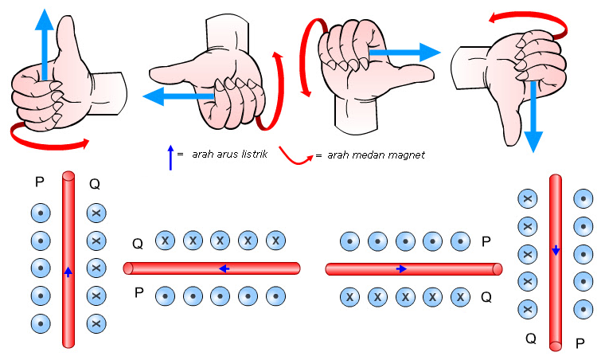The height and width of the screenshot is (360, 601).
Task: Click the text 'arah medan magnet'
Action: coord(376,154)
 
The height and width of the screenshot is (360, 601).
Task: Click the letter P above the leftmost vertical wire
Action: coord(39,182)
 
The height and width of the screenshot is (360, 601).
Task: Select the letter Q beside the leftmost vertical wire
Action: coord(95,184)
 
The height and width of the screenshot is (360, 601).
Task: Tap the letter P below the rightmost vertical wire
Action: coord(580,343)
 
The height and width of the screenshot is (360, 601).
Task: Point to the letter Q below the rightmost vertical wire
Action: coord(530,338)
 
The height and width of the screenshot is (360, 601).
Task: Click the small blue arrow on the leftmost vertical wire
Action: coord(68,272)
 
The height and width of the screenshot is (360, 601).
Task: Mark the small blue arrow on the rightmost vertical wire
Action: coord(556,251)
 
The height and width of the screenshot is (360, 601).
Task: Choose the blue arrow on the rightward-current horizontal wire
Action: coord(402,269)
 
